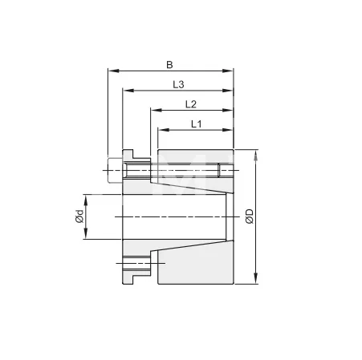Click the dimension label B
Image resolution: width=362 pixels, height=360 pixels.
169,63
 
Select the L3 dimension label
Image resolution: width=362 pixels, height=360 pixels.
178,83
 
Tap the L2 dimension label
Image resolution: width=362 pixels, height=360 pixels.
190,104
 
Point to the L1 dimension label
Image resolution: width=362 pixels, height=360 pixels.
195,123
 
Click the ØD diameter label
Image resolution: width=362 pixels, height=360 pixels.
250,216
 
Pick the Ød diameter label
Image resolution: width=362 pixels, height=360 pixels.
78,216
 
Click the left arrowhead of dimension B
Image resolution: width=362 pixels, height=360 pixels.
110,71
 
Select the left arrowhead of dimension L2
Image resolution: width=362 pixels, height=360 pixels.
152,111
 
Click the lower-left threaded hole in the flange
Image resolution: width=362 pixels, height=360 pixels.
135,261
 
